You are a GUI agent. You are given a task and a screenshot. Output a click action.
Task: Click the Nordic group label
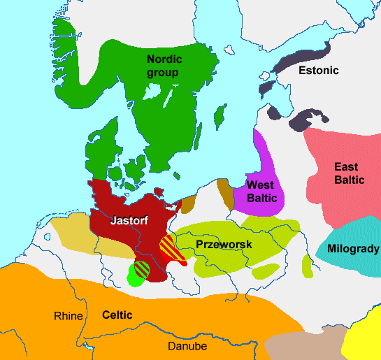[163, 66]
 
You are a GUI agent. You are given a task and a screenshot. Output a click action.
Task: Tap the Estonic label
[318, 71]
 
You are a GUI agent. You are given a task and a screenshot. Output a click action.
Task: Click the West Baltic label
[262, 192]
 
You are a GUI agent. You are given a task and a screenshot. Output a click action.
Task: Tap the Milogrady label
[353, 249]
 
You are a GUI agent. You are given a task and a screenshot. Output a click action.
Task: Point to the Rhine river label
[69, 316]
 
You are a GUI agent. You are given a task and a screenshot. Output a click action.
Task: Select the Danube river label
[185, 346]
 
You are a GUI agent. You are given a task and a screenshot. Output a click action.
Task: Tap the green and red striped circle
[139, 271]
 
